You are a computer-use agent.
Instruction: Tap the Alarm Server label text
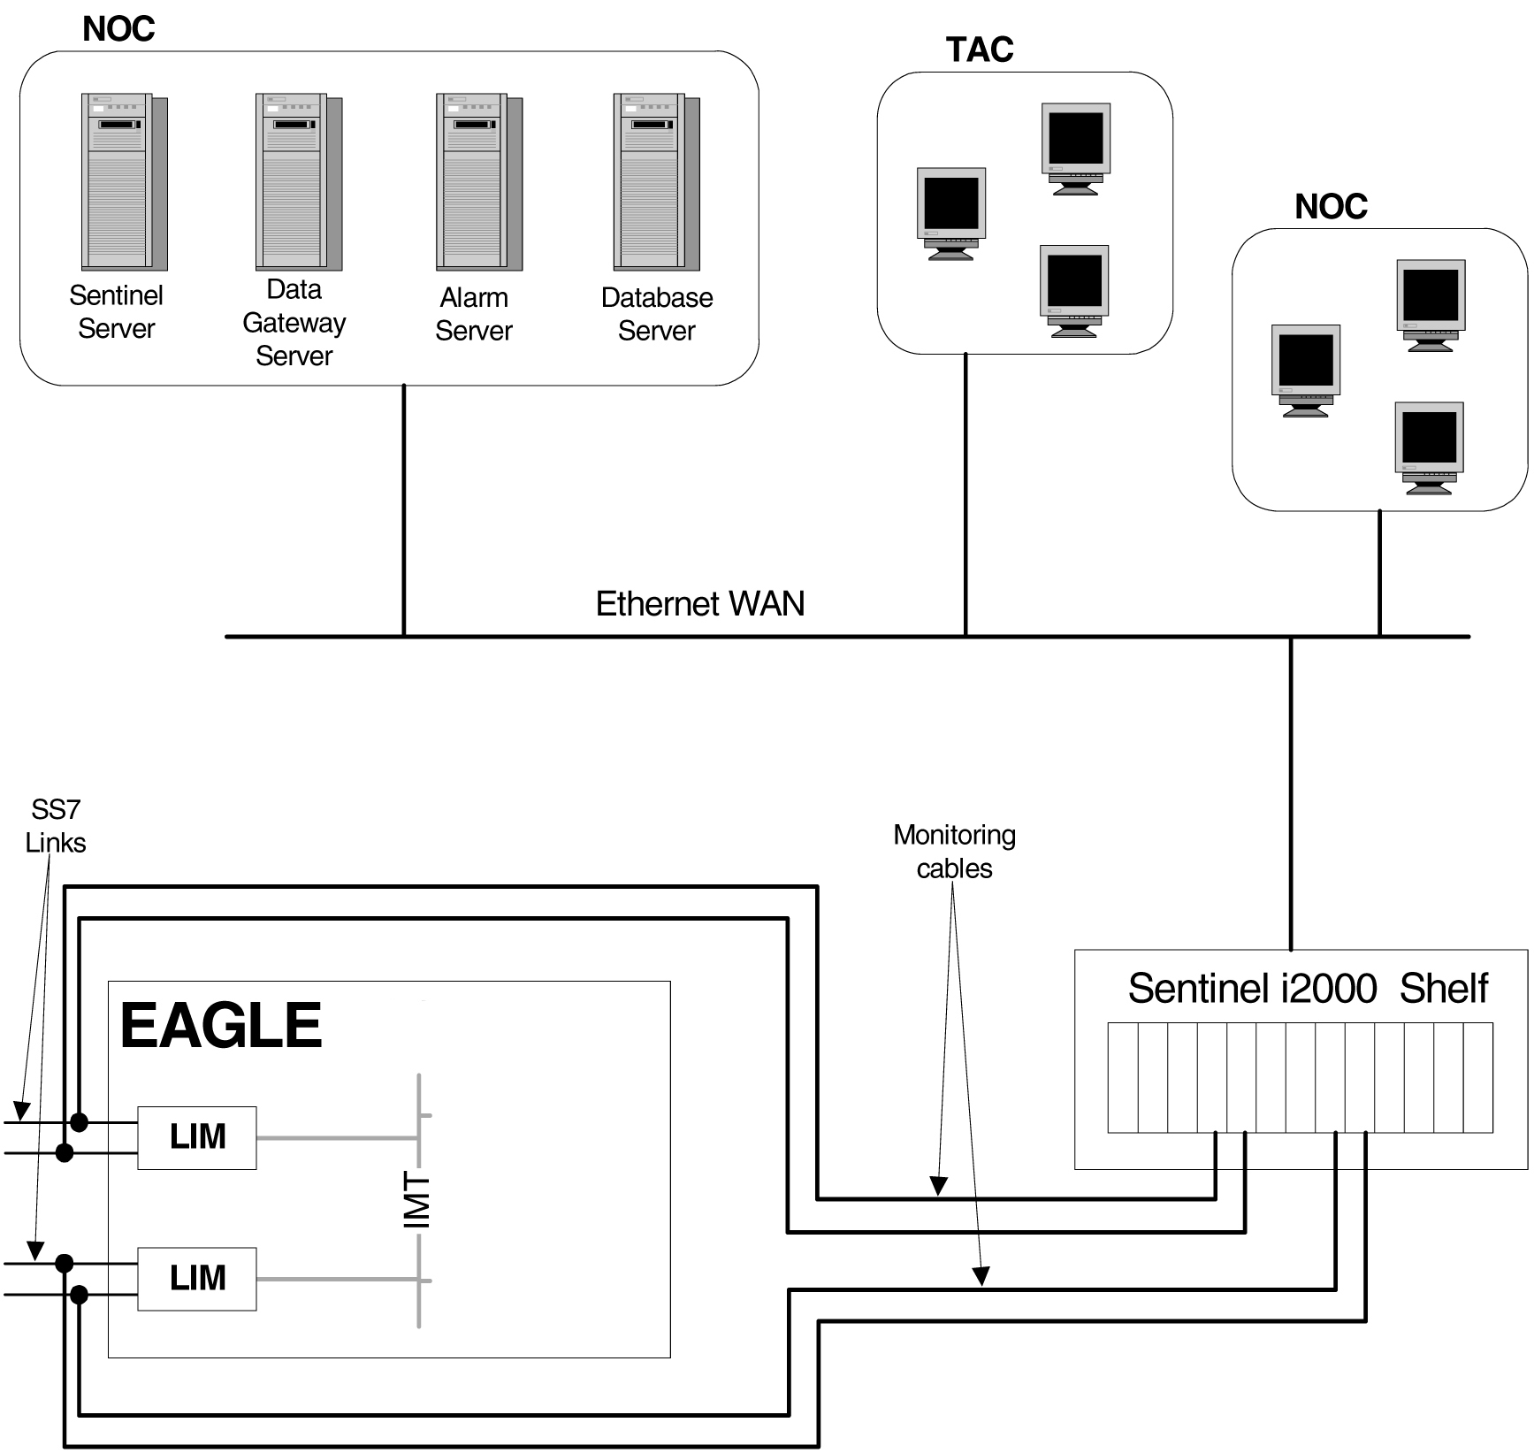point(474,314)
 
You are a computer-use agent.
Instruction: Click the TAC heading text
point(980,50)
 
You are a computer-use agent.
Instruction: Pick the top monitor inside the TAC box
point(1075,148)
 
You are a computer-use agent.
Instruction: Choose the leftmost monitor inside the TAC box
point(951,213)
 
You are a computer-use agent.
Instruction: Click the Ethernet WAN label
point(700,604)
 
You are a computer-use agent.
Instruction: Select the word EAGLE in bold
point(221,1026)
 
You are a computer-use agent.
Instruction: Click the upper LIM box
point(197,1137)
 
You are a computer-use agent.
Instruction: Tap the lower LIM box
point(197,1279)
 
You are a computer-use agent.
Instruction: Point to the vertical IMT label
point(416,1200)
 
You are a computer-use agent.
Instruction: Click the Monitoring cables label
point(954,852)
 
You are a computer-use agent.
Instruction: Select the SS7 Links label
point(55,826)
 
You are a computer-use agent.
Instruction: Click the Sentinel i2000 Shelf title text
point(1308,989)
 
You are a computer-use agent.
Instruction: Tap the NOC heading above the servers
point(118,29)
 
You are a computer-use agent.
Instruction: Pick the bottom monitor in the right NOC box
point(1429,447)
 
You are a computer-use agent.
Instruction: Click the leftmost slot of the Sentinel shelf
point(1123,1078)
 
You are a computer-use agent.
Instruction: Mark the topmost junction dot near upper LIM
point(79,1122)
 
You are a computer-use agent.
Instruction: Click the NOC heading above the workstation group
point(1331,207)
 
